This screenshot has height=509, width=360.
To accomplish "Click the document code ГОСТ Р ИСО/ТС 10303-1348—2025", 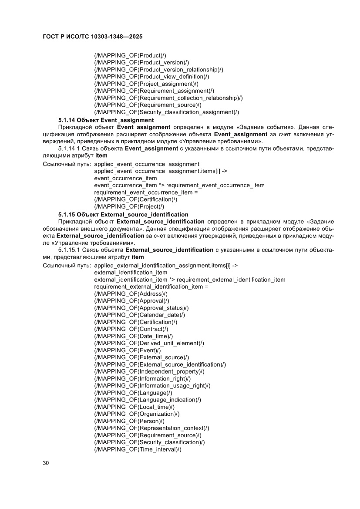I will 94,38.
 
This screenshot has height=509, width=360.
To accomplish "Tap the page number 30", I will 45,462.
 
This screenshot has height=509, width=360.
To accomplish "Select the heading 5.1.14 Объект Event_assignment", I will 106,119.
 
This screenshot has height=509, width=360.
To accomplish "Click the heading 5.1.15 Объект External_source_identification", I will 123,214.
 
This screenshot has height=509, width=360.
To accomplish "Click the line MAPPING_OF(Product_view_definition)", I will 151,77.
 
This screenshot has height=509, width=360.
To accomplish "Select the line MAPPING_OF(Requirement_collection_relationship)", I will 168,98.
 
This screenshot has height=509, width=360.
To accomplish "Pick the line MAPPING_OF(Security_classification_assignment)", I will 167,112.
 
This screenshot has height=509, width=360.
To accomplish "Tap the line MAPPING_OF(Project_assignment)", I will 146,84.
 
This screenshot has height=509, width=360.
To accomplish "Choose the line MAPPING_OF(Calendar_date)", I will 140,315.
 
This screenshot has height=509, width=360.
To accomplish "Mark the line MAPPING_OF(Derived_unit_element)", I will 149,343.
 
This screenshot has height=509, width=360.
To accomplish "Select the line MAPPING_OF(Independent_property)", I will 149,371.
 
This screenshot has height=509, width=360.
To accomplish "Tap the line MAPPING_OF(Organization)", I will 137,414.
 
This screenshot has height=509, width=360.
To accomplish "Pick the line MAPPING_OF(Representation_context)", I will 151,428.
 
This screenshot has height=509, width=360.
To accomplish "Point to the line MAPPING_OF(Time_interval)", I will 138,449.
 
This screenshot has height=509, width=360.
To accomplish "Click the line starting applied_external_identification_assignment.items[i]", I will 165,265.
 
